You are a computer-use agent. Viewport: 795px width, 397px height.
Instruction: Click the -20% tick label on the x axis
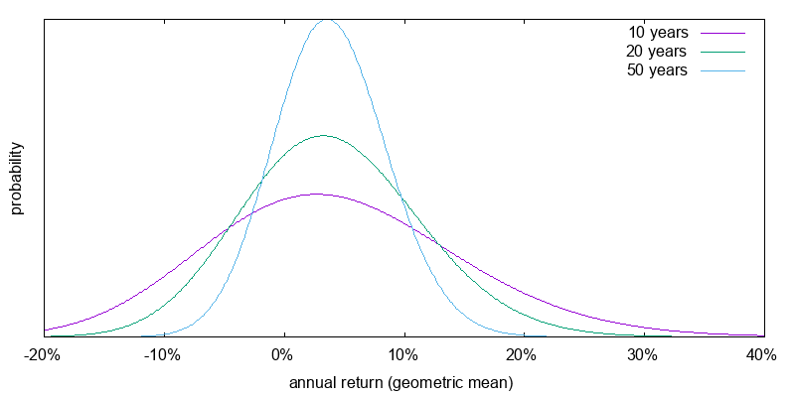43,355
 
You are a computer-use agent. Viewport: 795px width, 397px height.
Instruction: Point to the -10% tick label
163,355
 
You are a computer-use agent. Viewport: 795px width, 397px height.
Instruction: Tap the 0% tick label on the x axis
284,355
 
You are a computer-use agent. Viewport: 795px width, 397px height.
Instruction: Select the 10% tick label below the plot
403,355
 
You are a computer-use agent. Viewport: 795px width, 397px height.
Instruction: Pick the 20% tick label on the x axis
524,355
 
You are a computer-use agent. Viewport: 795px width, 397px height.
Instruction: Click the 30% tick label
643,355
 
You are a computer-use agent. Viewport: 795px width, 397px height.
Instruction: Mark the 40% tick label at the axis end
762,355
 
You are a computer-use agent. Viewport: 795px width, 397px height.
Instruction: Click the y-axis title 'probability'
17,179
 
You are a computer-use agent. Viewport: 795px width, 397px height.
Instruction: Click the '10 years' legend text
658,33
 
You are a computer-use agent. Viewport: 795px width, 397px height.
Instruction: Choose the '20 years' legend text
658,52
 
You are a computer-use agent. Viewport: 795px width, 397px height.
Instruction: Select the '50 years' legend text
658,70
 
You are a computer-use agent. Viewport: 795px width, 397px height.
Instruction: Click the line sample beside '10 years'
722,33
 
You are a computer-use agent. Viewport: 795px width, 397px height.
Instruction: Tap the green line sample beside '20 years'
722,52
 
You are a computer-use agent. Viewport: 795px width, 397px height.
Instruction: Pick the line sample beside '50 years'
722,70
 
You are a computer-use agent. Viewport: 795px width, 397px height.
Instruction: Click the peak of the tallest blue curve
328,20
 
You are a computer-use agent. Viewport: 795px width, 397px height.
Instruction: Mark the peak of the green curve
321,136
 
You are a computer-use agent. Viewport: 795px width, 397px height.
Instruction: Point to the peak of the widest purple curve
315,195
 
